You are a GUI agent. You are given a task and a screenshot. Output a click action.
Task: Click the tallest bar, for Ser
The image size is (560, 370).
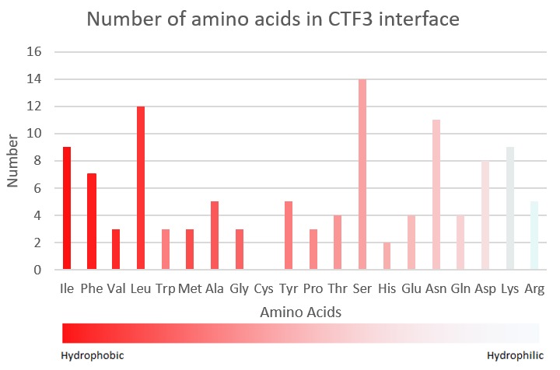pos(362,174)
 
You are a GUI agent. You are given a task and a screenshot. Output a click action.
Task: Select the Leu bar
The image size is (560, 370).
pos(141,187)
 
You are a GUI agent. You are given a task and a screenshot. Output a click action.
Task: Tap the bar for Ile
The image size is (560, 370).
pos(67,208)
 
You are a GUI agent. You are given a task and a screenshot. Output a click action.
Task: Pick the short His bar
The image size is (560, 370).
pos(387,256)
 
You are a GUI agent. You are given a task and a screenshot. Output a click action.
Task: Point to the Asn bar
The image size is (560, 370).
pos(436,194)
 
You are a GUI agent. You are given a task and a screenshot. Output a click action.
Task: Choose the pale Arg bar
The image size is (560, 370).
pos(534,236)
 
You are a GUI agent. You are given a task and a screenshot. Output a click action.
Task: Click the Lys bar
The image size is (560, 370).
pos(510,208)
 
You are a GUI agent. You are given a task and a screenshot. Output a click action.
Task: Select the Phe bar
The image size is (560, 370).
pos(92,222)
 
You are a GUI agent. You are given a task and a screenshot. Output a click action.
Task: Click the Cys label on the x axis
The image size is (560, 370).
pos(264,288)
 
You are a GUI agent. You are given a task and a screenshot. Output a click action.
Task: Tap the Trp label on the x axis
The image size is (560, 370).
pos(166,288)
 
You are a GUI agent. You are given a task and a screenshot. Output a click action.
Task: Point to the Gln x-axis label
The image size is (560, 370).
pos(460,288)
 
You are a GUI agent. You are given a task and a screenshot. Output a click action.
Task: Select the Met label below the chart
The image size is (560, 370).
pos(190,288)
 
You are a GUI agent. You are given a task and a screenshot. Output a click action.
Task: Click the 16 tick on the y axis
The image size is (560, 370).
pos(34,52)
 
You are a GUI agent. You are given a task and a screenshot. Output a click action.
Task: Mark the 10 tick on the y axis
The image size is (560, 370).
pos(34,134)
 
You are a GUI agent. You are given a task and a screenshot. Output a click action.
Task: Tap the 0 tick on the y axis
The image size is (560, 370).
pos(37,270)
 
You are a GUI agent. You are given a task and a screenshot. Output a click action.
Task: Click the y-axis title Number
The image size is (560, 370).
pos(12,161)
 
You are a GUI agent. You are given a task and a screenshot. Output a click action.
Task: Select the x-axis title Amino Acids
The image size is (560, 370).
pos(301,312)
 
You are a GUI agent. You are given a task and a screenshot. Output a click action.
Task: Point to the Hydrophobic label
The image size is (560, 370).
pos(93,356)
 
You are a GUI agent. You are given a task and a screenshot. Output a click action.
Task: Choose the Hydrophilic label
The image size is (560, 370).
pos(516,356)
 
